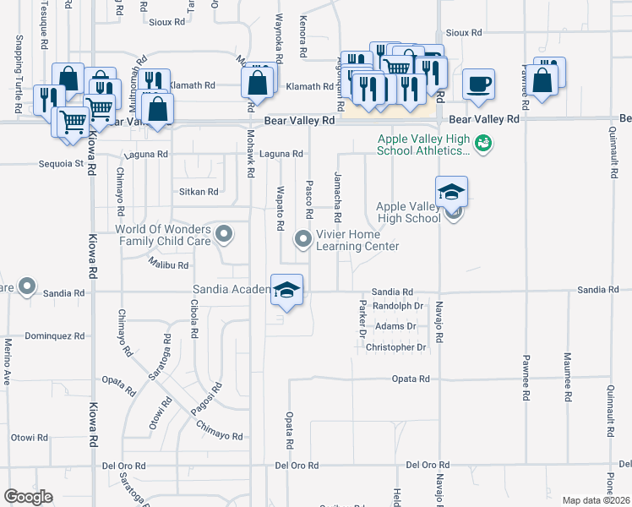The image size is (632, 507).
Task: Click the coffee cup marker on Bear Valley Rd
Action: pyautogui.click(x=479, y=84)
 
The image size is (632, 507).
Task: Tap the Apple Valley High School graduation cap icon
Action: pyautogui.click(x=451, y=192)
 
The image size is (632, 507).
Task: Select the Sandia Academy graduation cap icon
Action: pyautogui.click(x=287, y=291)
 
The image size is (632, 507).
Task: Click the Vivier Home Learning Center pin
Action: pyautogui.click(x=302, y=239)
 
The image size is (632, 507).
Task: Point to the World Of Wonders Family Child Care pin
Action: pyautogui.click(x=223, y=234)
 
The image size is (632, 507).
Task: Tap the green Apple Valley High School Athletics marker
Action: pyautogui.click(x=484, y=144)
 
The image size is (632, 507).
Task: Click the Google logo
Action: pyautogui.click(x=28, y=497)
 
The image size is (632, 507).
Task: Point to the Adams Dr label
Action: pyautogui.click(x=395, y=326)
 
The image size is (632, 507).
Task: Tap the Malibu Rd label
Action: pyautogui.click(x=169, y=265)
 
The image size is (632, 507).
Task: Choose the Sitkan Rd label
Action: pyautogui.click(x=199, y=192)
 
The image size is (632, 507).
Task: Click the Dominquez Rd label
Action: pyautogui.click(x=55, y=335)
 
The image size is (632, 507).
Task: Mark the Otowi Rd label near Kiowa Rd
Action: pyautogui.click(x=30, y=438)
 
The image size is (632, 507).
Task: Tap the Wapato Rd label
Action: pyautogui.click(x=278, y=210)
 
